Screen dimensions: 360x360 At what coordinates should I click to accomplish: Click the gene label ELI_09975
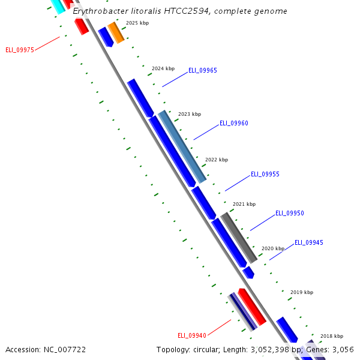(19, 50)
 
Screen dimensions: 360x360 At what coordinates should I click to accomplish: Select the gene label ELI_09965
(203, 70)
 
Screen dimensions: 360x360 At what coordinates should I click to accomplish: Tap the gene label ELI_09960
(233, 123)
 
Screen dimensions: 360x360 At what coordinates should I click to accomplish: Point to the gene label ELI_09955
(265, 174)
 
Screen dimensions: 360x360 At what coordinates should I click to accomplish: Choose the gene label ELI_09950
(289, 213)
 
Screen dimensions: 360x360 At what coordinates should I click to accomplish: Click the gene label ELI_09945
(308, 242)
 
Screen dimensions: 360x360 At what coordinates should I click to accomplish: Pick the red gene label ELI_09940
(192, 335)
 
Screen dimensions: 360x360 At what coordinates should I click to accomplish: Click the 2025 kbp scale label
(137, 23)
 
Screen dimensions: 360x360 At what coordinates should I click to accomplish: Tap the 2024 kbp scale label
(163, 68)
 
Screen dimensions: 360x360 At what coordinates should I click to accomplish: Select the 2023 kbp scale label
(190, 114)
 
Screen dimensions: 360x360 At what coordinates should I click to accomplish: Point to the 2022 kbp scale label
(217, 160)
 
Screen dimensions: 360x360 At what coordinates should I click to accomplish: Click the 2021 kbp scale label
(244, 204)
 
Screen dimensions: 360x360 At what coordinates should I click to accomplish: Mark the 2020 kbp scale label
(273, 248)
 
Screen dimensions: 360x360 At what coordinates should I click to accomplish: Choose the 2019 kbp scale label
(302, 292)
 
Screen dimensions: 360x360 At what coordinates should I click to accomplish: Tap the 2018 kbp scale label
(331, 336)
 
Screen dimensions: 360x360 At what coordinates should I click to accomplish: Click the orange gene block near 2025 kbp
(116, 32)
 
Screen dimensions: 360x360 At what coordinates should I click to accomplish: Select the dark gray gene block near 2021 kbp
(239, 237)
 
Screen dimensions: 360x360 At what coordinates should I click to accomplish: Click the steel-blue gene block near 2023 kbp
(182, 146)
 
